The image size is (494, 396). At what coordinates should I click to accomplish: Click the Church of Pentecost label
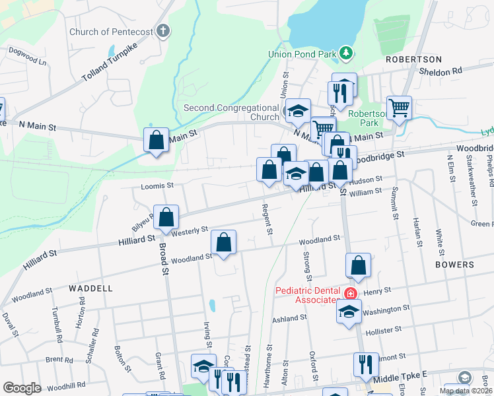point(111,31)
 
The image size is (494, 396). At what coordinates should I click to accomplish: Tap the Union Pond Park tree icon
point(344,52)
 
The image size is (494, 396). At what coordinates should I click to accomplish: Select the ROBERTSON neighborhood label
point(413,59)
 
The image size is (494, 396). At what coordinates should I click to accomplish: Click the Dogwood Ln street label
point(28,57)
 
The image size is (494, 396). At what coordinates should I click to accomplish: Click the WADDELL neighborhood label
point(90,288)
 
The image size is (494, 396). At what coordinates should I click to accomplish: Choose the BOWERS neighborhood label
point(454,265)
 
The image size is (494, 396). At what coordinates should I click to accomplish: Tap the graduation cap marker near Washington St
point(349,311)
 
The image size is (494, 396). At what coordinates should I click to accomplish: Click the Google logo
point(22,387)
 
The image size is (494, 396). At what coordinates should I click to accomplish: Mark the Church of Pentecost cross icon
point(163,31)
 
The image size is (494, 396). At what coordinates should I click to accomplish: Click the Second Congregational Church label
point(231,112)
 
